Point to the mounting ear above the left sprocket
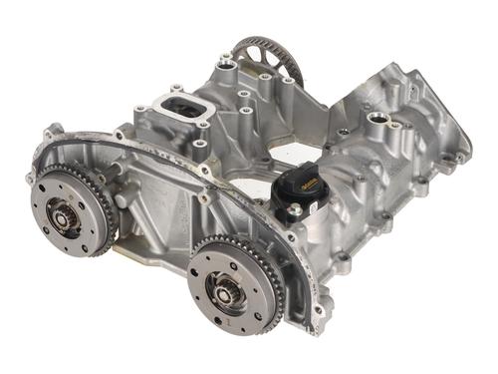point(53,130)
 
